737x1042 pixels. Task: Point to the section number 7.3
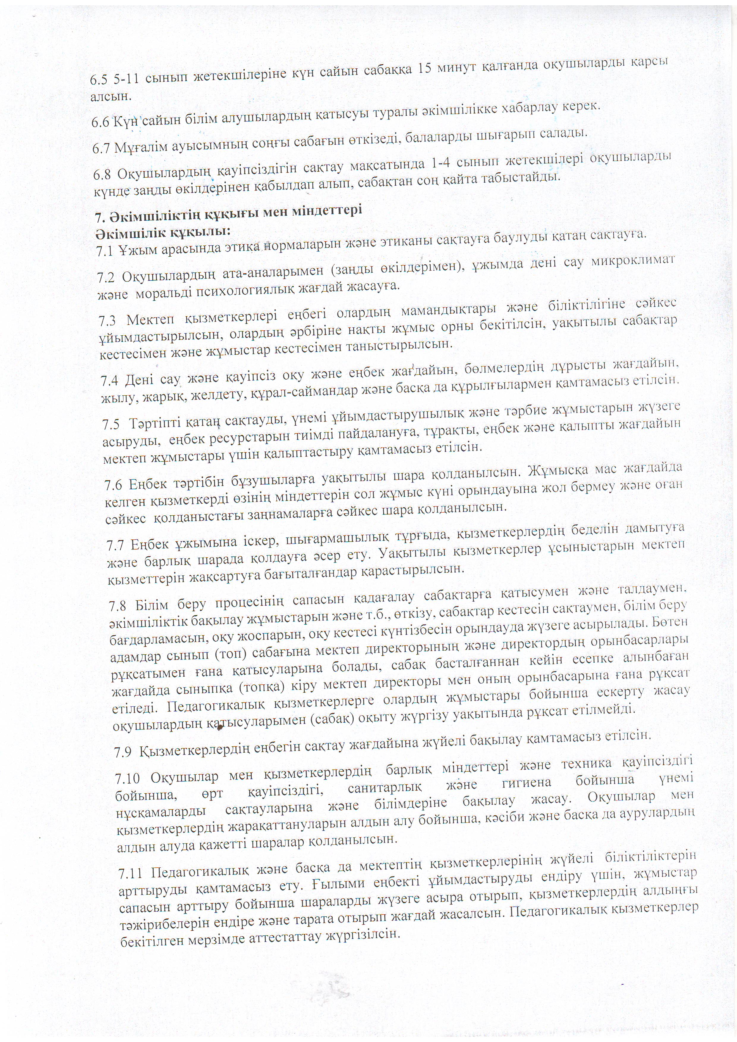[107, 321]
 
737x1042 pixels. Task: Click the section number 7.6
[114, 486]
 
